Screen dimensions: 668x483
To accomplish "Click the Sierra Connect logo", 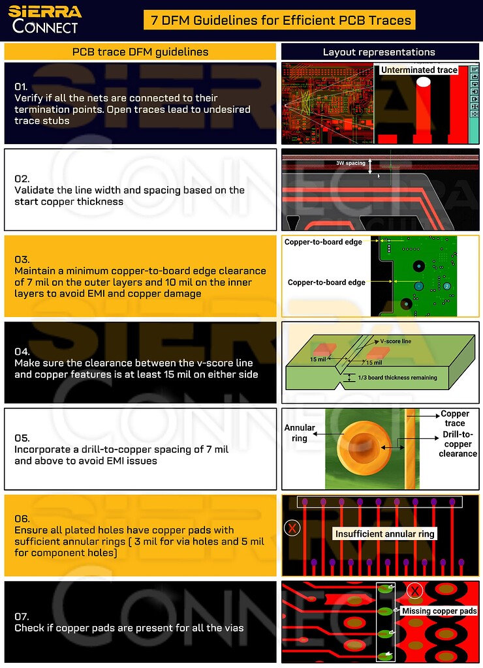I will (x=44, y=19).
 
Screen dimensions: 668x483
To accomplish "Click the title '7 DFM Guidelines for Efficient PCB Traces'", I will (x=281, y=20).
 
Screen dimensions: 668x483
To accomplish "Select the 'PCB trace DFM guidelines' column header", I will (x=140, y=52).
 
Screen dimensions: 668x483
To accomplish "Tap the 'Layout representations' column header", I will (x=379, y=52).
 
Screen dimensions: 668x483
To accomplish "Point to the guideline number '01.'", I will (x=22, y=87).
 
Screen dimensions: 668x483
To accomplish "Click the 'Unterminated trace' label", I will (x=419, y=70).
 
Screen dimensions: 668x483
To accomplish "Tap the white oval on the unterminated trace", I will (x=424, y=82).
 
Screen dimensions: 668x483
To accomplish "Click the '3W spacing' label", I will (x=350, y=163).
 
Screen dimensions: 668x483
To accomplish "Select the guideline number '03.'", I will (x=22, y=260).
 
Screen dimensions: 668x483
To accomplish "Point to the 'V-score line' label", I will (x=396, y=341).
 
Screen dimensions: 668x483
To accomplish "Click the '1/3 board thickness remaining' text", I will (x=397, y=378).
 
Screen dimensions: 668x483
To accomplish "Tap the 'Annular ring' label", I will (x=300, y=433).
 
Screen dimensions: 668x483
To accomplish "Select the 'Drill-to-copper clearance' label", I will (x=458, y=444).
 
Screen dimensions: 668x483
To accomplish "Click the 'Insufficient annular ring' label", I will (x=384, y=534).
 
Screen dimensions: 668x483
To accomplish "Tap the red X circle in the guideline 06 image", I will (x=293, y=527).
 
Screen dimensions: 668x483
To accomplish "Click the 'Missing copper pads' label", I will (x=439, y=611).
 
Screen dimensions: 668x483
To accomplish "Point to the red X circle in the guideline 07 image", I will (x=414, y=591).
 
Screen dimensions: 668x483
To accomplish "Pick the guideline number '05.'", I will (x=22, y=438).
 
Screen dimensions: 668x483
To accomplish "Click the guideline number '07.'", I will (x=22, y=616).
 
